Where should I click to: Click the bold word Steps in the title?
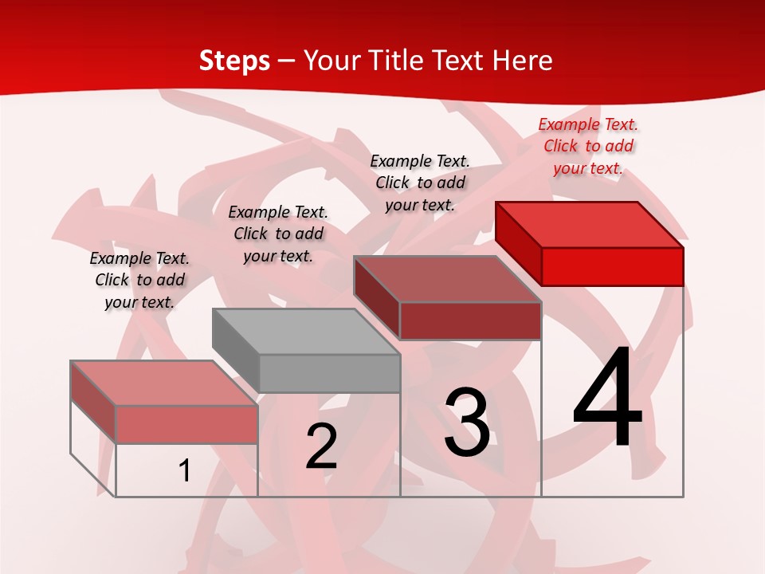click(234, 61)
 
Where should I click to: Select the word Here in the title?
click(521, 61)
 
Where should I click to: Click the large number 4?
click(607, 398)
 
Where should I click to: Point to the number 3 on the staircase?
click(467, 422)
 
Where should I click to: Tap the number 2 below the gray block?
click(321, 446)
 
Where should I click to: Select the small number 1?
click(185, 470)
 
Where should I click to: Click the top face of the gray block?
click(306, 331)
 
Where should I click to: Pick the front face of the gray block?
click(329, 373)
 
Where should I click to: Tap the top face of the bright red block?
click(590, 224)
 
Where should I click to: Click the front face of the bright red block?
click(612, 266)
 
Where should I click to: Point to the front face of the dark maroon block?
click(470, 320)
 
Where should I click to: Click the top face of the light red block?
click(164, 383)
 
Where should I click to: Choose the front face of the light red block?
click(186, 424)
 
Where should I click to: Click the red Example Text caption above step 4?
click(588, 146)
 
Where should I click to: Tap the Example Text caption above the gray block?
click(278, 234)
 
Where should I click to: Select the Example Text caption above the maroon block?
click(420, 183)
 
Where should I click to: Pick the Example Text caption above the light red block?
click(139, 280)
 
